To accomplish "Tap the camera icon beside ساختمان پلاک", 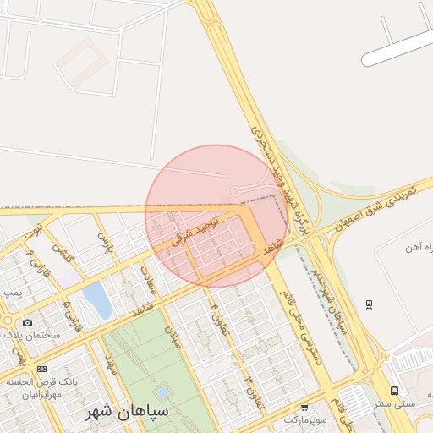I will tap(28, 323).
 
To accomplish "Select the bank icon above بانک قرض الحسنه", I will tap(41, 369).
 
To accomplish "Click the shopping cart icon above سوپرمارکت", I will tap(304, 408).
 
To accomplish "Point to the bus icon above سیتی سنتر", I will tap(394, 391).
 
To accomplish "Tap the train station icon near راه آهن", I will tap(369, 304).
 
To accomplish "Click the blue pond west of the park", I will tap(97, 300).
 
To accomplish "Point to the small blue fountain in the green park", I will tap(162, 393).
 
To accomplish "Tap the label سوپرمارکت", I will tap(303, 419).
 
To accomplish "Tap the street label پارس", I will tap(104, 243).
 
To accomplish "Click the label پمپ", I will tap(12, 292).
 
